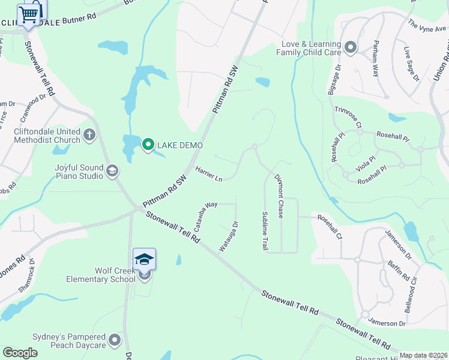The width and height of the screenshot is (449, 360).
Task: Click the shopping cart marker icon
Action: tap(29, 14)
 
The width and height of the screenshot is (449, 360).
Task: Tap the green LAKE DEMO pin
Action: tap(148, 145)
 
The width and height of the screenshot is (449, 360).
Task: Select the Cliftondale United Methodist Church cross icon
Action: tap(89, 134)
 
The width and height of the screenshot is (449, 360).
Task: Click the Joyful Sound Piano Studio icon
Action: tap(112, 172)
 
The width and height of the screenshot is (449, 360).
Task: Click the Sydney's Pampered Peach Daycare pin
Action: tap(115, 341)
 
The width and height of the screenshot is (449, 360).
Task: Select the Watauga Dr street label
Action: tap(229, 236)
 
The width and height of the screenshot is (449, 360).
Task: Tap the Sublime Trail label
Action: tap(264, 231)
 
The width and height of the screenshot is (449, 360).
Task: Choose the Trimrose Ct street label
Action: tap(348, 118)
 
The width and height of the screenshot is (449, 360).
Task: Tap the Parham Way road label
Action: tap(375, 58)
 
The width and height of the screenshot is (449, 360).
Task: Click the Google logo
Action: tap(20, 353)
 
